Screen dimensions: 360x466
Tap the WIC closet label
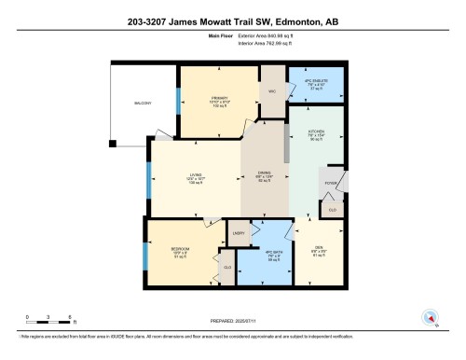[272, 92]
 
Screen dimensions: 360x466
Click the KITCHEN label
[317, 132]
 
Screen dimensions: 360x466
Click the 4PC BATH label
[274, 252]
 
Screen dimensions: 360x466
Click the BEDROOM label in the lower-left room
[181, 250]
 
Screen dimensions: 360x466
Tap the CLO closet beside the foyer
[335, 211]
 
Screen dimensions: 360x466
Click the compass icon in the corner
[432, 317]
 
